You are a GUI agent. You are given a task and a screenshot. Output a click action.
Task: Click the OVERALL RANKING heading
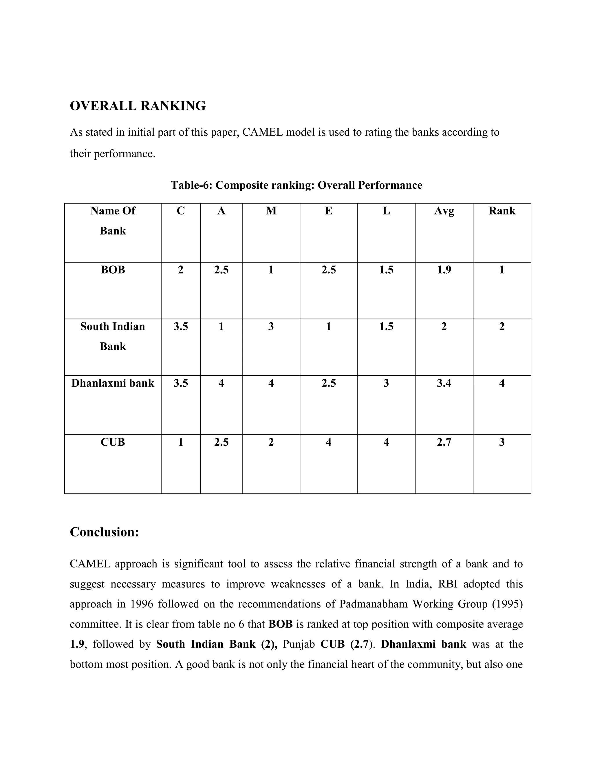(x=138, y=106)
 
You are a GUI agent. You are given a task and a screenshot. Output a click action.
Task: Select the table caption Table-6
(x=296, y=185)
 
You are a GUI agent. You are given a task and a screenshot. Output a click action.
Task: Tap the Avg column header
(x=444, y=211)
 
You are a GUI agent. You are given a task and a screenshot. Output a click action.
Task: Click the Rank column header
(x=502, y=211)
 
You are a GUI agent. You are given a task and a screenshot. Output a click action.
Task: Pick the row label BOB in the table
(x=113, y=270)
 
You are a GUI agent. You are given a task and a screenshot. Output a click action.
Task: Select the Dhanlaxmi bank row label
(x=113, y=383)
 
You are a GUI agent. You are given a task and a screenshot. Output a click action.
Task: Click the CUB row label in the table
(x=113, y=442)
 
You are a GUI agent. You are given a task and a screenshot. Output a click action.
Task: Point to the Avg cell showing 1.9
(x=444, y=270)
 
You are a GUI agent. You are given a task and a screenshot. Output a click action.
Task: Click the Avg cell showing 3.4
(x=444, y=383)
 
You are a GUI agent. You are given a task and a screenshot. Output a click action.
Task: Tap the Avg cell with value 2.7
(x=444, y=442)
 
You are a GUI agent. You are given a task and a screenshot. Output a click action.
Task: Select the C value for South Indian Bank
(x=181, y=326)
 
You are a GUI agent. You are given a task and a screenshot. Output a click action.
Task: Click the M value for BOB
(x=271, y=270)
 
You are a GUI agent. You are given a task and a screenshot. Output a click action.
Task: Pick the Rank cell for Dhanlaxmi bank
(x=502, y=383)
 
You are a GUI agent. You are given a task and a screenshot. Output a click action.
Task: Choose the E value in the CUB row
(x=328, y=442)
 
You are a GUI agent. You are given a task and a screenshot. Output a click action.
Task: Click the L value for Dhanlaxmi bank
(x=386, y=383)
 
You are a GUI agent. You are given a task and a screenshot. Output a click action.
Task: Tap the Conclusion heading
(x=104, y=532)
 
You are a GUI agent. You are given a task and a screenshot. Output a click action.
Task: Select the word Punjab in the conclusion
(x=299, y=644)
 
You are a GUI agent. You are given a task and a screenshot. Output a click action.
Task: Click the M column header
(x=271, y=211)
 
